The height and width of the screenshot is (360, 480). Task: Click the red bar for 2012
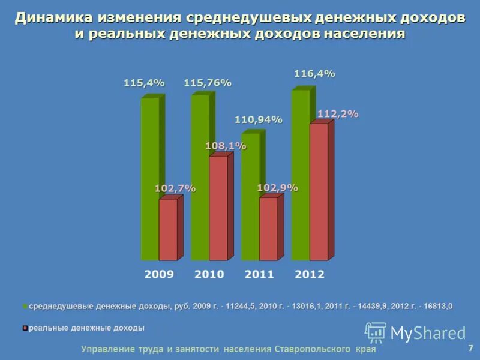pos(319,192)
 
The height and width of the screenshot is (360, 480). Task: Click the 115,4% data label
pos(144,83)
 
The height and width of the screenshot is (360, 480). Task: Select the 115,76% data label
pos(208,83)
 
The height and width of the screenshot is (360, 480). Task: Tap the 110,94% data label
pos(258,120)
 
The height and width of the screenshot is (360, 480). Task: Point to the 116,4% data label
pos(314,74)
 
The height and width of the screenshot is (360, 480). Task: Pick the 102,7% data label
pos(175,188)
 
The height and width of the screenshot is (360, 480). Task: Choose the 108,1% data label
pos(226,146)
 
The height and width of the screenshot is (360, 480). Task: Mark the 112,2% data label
pos(338,114)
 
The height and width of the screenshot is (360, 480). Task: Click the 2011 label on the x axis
pos(259,274)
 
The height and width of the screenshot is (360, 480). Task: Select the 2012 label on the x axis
pos(310,274)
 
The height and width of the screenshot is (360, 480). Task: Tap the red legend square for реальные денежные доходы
pos(25,328)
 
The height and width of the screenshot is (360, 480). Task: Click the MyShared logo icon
pos(376,332)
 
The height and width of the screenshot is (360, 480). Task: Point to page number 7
pos(470,347)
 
